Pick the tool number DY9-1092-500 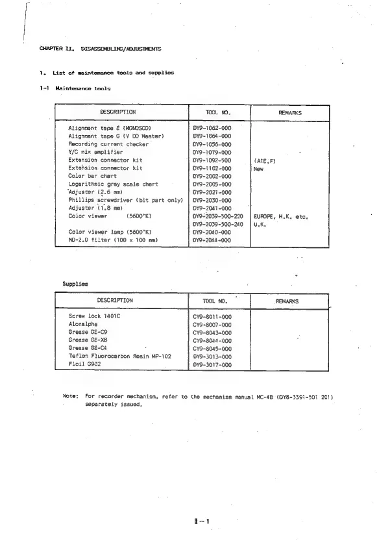point(212,160)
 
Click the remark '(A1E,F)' point(266,160)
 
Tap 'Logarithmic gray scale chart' point(113,184)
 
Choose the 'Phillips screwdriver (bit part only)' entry point(126,200)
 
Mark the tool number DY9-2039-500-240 point(218,224)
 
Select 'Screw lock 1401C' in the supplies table point(95,316)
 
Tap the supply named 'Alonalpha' point(84,323)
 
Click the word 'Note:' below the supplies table point(70,395)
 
